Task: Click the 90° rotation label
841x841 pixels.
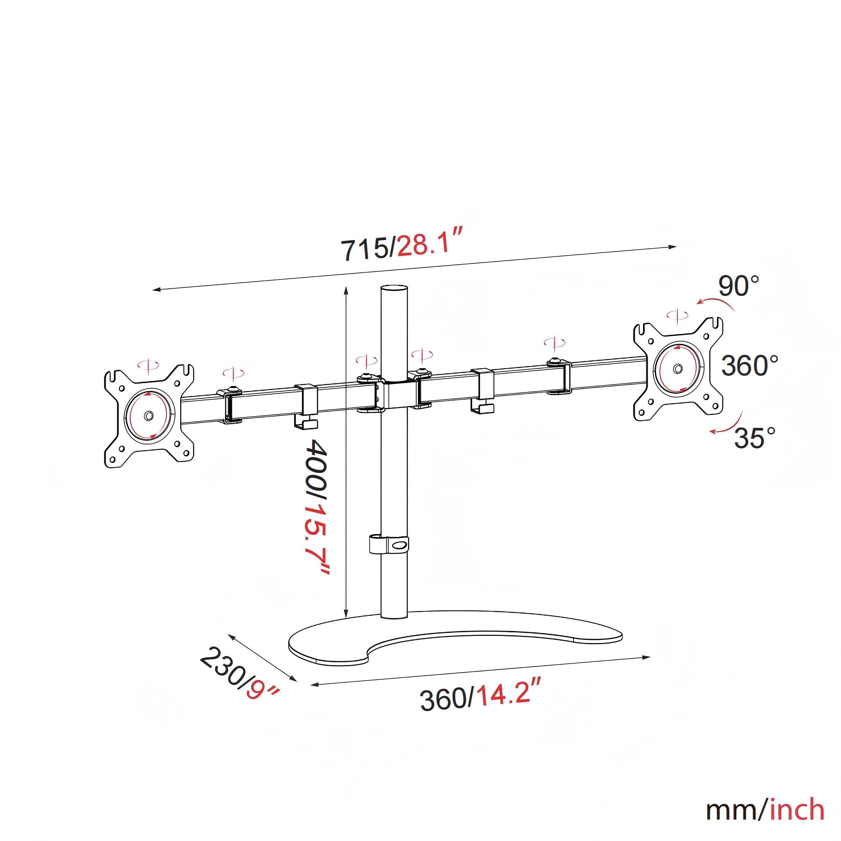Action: coord(739,286)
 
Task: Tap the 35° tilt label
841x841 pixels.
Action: coord(755,438)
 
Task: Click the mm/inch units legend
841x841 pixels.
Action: coord(765,810)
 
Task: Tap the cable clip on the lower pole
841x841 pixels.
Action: coord(389,544)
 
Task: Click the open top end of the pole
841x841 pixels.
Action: coord(395,289)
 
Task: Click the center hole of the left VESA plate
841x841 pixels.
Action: coord(149,415)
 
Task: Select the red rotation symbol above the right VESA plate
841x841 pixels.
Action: coord(677,315)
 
